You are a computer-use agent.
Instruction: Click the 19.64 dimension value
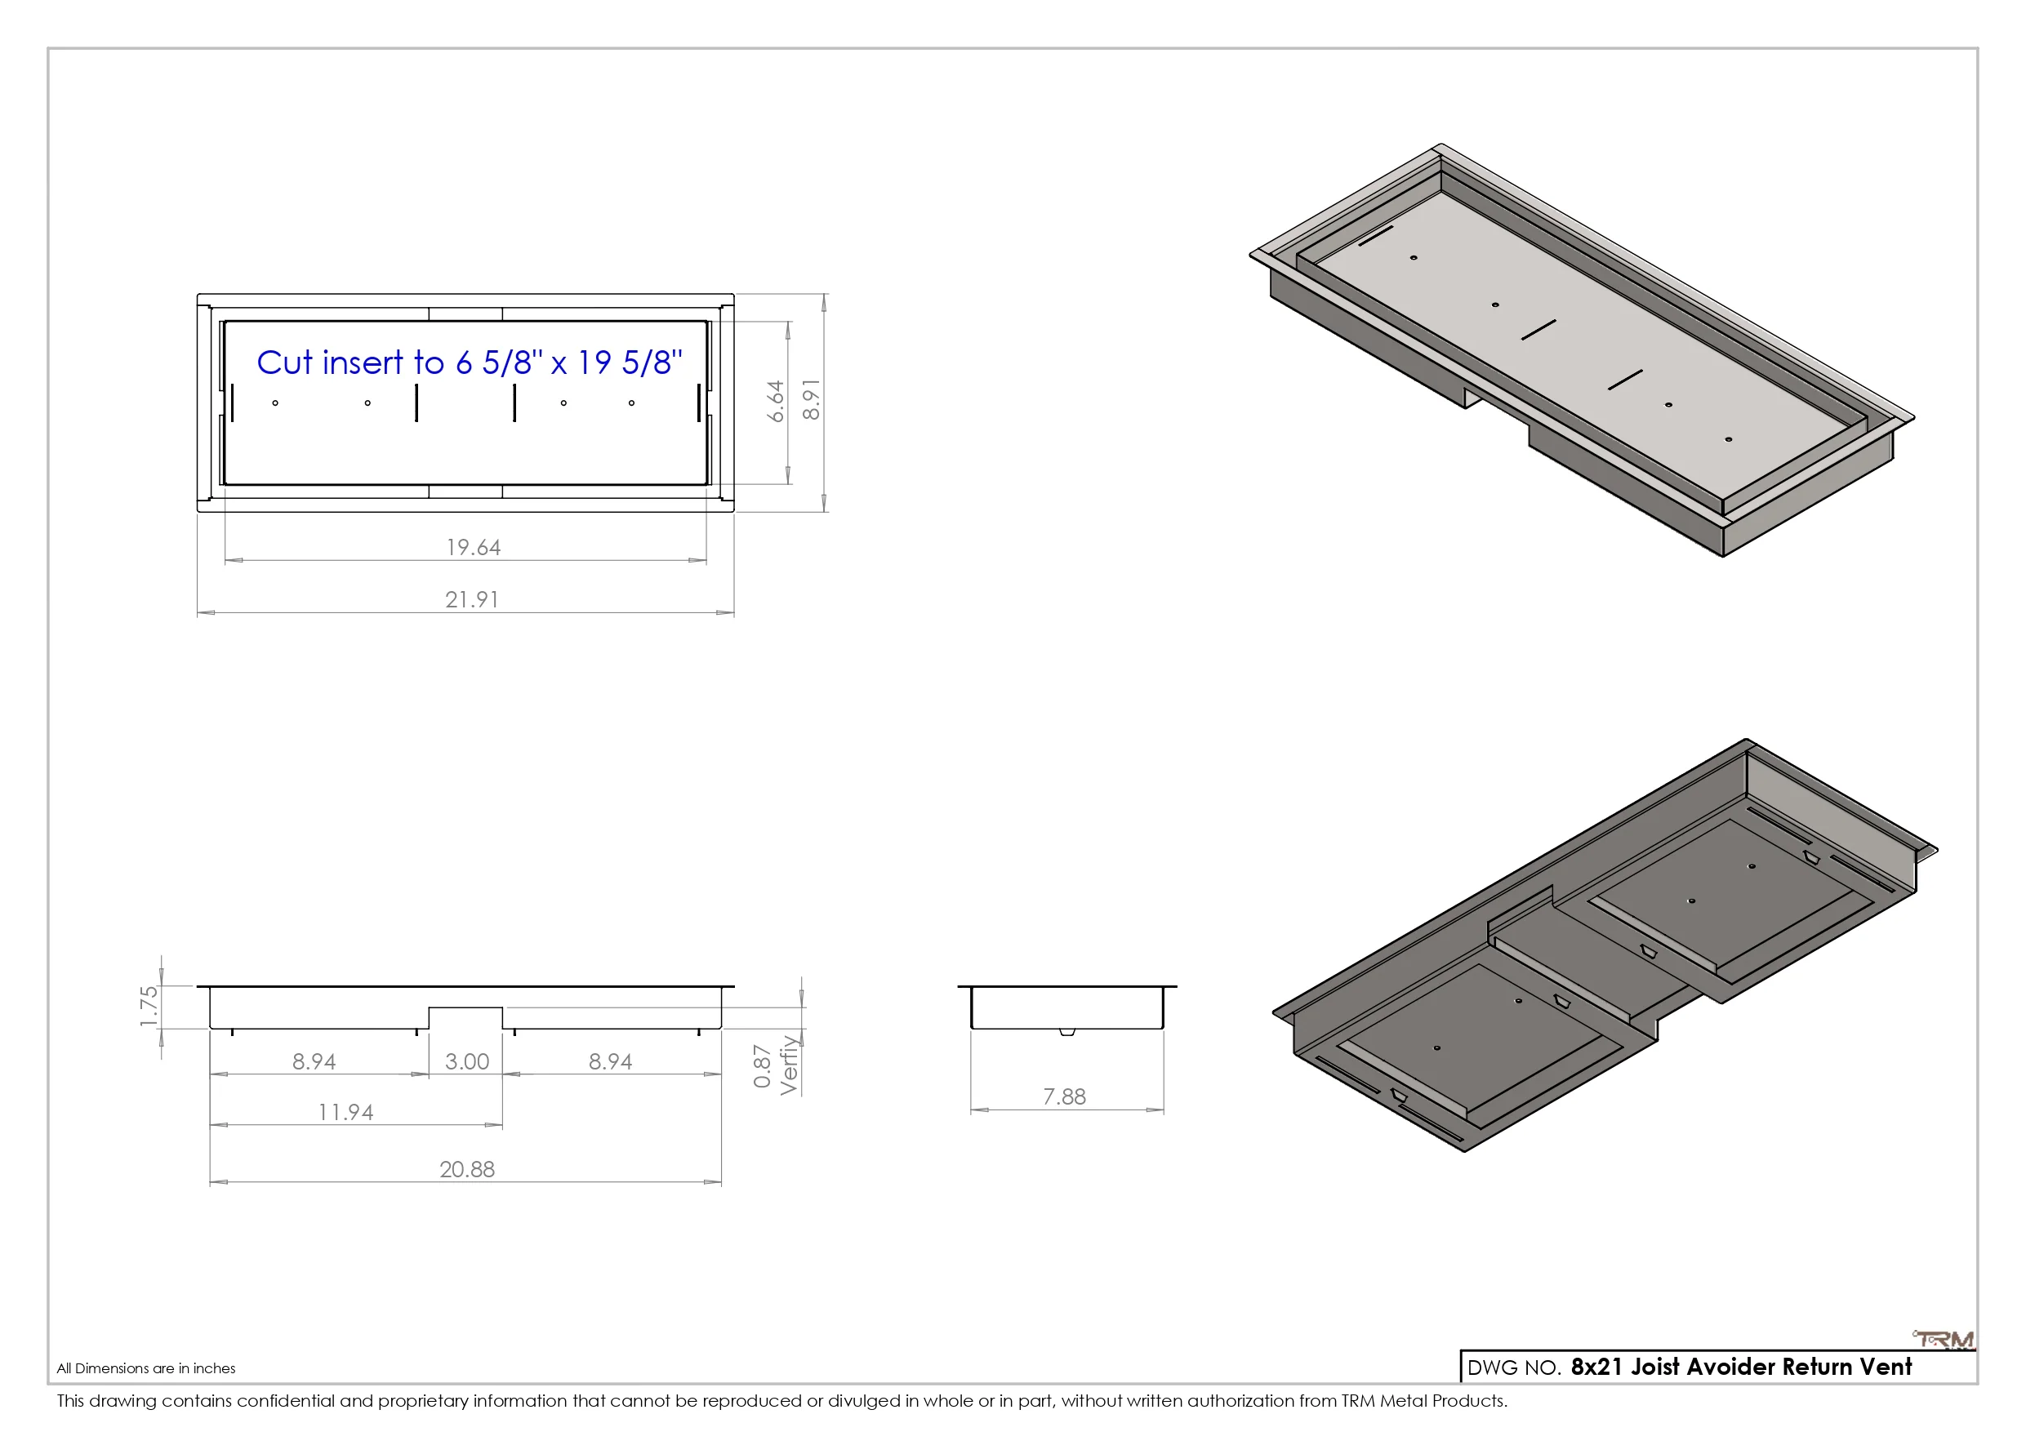pos(474,547)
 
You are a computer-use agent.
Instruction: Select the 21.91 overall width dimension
pos(472,600)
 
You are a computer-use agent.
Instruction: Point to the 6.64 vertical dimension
pos(776,402)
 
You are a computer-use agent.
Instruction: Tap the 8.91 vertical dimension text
pos(811,400)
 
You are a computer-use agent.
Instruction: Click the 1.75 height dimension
pos(149,1007)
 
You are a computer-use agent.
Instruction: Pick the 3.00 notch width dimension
pos(467,1061)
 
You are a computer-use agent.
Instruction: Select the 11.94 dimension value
pos(346,1113)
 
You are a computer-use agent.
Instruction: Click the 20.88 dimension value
pos(467,1169)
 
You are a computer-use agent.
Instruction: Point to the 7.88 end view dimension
pos(1064,1096)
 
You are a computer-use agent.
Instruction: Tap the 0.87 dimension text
pos(763,1067)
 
